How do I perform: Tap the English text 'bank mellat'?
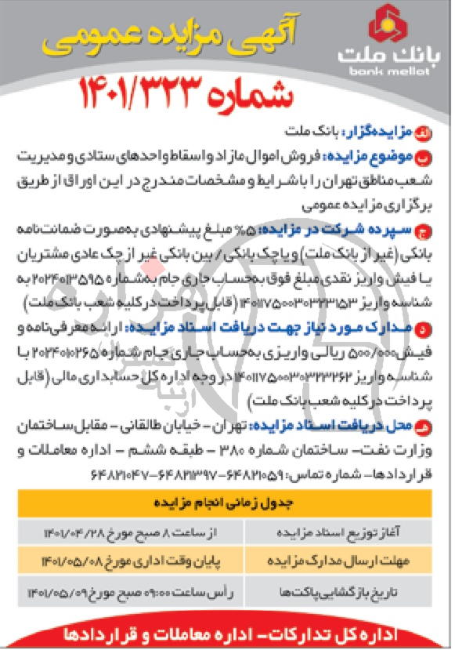[x=388, y=71]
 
